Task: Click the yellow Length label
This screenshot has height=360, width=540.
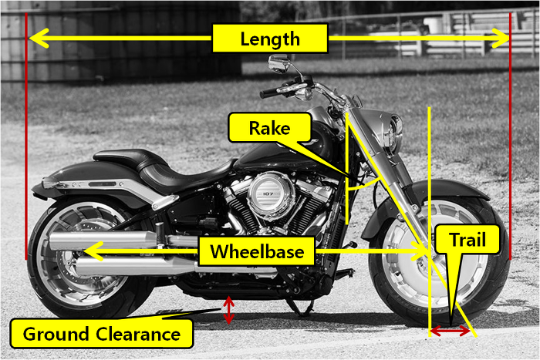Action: pyautogui.click(x=270, y=39)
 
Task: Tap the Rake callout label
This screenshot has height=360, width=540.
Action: pyautogui.click(x=270, y=128)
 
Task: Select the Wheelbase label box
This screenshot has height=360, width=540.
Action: pyautogui.click(x=257, y=251)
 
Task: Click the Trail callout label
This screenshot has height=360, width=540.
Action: pyautogui.click(x=467, y=240)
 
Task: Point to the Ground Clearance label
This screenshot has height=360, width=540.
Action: pyautogui.click(x=102, y=334)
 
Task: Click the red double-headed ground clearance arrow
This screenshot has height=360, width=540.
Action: pyautogui.click(x=228, y=310)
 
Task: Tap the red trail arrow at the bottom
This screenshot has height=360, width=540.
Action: pyautogui.click(x=450, y=331)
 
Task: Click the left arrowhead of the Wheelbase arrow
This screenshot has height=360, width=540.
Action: pyautogui.click(x=93, y=251)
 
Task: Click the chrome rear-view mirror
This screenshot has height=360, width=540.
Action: pyautogui.click(x=278, y=64)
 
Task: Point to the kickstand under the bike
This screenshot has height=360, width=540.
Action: pyautogui.click(x=300, y=307)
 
